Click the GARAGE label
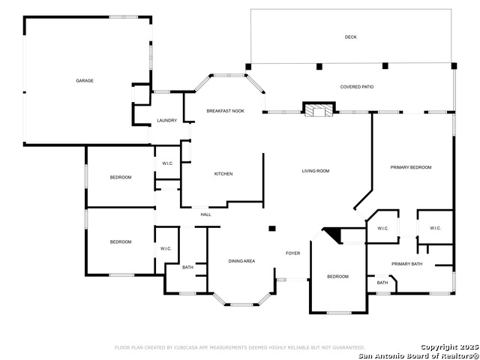point(84,80)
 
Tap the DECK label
point(350,37)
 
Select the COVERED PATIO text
point(356,87)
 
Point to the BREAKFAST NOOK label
point(226,111)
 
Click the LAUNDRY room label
point(166,121)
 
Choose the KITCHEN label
point(223,174)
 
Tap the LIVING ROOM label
point(316,171)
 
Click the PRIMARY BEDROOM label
point(410,167)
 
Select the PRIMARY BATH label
point(406,264)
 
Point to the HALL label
point(205,214)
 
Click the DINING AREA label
point(241,261)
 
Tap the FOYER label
point(292,253)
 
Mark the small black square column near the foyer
point(272,228)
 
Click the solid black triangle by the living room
point(334,235)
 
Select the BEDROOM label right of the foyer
point(337,277)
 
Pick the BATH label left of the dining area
point(187,267)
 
